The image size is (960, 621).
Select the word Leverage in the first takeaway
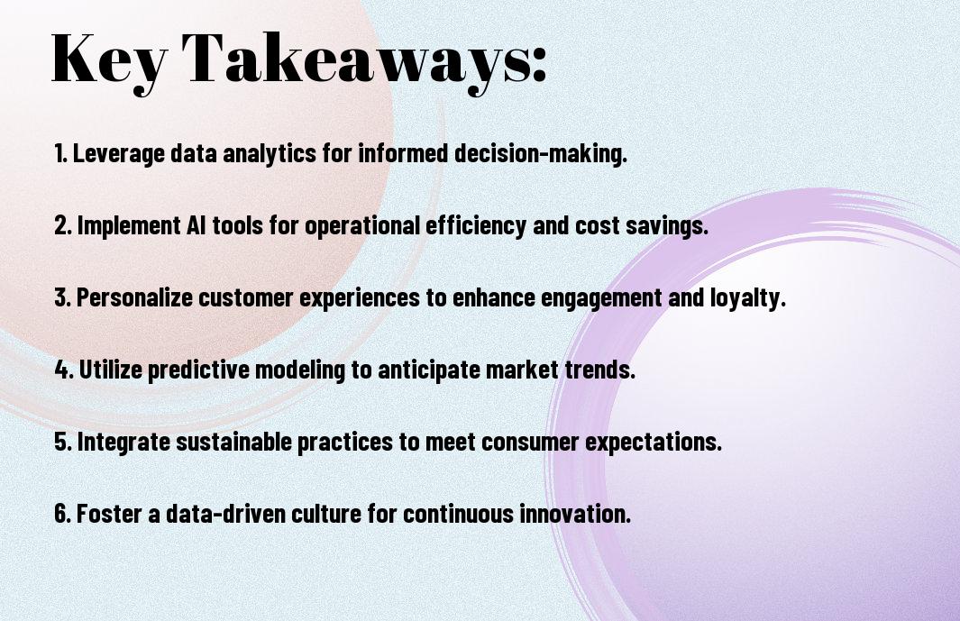[x=119, y=154]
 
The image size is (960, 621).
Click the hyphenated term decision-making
[x=541, y=154]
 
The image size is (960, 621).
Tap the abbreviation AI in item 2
[x=192, y=225]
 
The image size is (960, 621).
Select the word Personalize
[x=134, y=297]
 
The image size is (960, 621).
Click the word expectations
[x=654, y=443]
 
